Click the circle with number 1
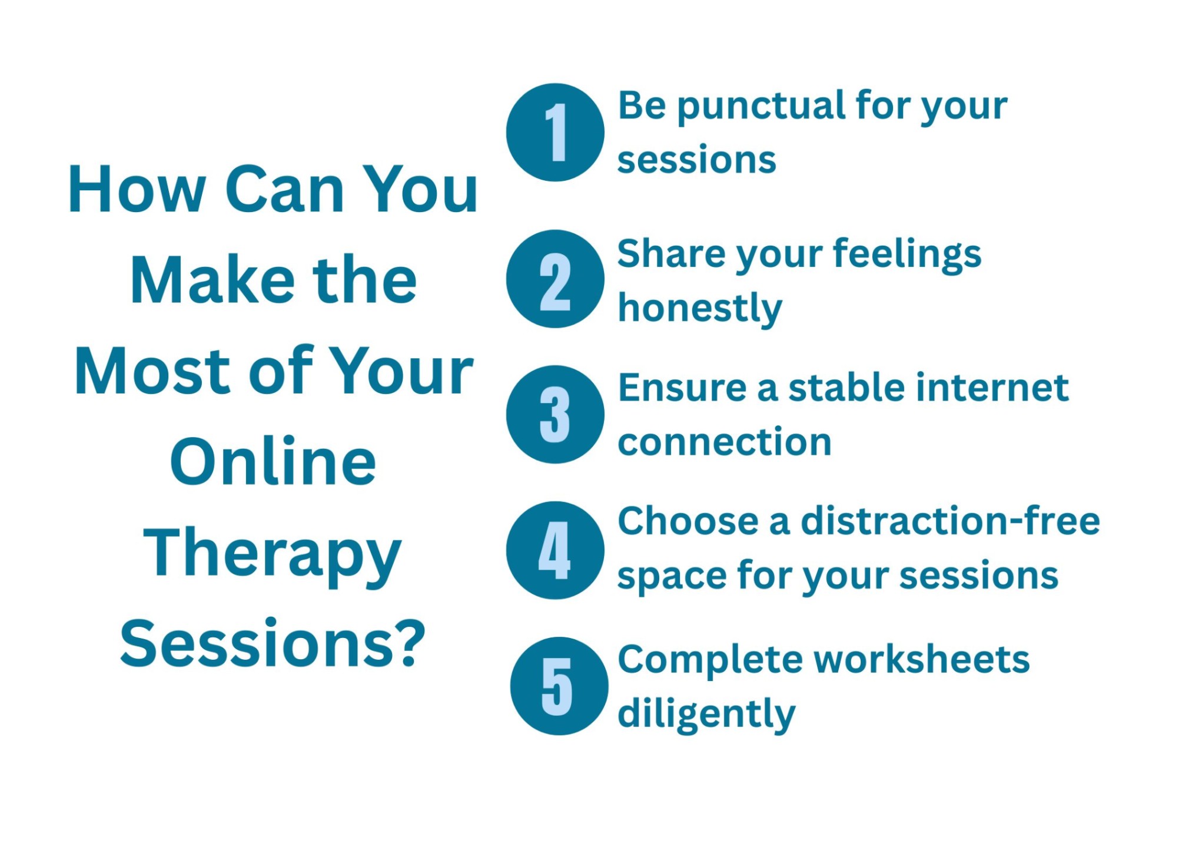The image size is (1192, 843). coord(555,133)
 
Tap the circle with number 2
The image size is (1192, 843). coord(555,279)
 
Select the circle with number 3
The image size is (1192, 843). coord(555,414)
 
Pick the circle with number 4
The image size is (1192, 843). coord(555,550)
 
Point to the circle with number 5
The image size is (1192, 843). coord(558,686)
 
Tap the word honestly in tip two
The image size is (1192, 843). coord(699,309)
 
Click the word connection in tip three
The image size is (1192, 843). coord(724,442)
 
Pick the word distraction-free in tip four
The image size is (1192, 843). coord(949,521)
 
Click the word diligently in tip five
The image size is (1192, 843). coord(706,714)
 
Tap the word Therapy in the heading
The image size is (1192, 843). coord(272,554)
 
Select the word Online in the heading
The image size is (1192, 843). coord(273,462)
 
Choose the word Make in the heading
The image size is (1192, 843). coord(212,281)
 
